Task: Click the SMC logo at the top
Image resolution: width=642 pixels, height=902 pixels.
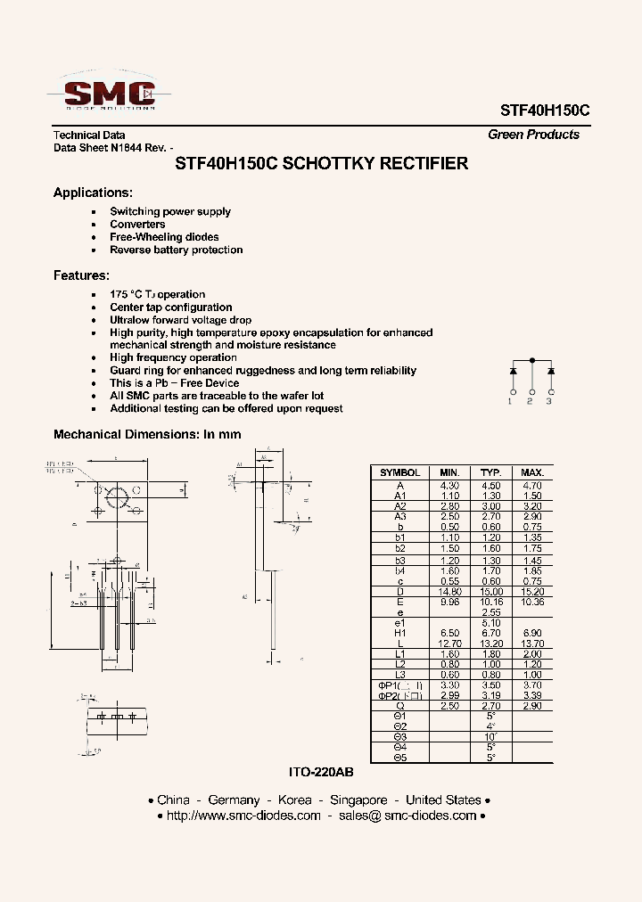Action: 109,92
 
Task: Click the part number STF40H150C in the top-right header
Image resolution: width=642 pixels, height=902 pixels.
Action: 539,110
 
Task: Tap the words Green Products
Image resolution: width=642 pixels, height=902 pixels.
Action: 533,135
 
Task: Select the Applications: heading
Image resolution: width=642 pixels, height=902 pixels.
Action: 93,193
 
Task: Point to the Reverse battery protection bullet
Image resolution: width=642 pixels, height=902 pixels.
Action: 176,250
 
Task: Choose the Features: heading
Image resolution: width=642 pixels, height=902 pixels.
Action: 81,275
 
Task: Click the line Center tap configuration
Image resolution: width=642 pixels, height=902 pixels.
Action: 170,307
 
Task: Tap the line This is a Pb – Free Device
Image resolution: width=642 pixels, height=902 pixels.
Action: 174,383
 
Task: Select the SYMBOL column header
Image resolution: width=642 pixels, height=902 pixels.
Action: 399,472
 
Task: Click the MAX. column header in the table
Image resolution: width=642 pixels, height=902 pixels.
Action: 532,472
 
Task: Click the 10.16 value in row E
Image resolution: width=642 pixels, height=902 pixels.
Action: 490,602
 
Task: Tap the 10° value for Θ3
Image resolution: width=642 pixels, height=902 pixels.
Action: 490,736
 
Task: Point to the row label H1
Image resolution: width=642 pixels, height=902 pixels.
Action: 399,632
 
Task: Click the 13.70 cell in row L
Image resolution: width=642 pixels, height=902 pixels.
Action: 532,643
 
